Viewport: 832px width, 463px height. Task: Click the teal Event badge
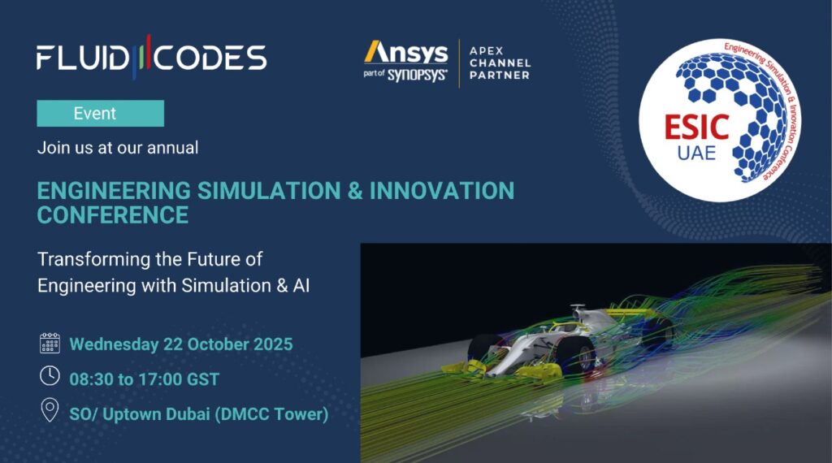(100, 113)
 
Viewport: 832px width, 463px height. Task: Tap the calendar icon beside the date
(50, 343)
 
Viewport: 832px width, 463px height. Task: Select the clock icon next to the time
(50, 375)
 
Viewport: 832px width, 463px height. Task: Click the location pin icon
(50, 410)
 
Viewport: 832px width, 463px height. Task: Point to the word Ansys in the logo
(406, 53)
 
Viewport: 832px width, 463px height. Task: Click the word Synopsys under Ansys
(417, 75)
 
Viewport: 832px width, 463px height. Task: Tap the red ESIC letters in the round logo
(696, 128)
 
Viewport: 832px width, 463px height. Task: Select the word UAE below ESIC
(696, 154)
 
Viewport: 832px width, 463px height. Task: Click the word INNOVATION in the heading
(442, 191)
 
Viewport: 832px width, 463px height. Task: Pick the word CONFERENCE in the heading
(113, 215)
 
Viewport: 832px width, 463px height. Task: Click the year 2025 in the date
(273, 344)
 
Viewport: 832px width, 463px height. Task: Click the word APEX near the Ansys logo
(486, 51)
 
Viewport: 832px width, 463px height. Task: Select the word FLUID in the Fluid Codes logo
(82, 58)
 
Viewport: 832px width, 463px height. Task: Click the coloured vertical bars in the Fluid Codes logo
(141, 57)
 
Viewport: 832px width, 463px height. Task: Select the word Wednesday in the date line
(114, 344)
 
